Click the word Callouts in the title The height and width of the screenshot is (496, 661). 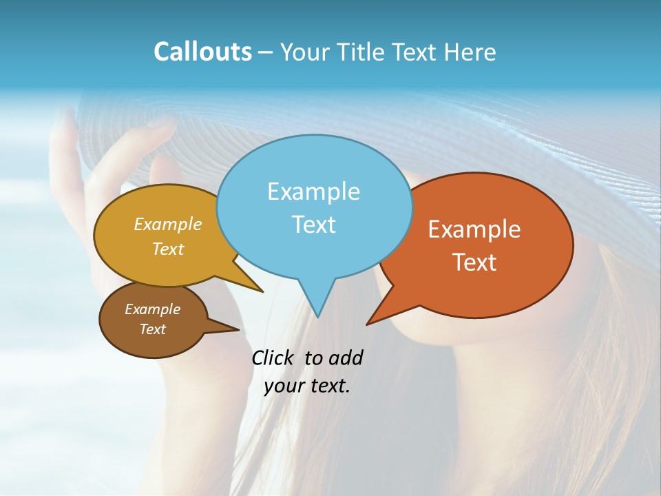pyautogui.click(x=202, y=52)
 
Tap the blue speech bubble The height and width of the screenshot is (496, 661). pyautogui.click(x=314, y=172)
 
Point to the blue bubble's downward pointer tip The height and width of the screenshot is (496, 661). pyautogui.click(x=317, y=317)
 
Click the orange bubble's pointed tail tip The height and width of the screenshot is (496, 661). pyautogui.click(x=367, y=324)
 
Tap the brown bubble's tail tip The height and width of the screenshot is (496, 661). pyautogui.click(x=238, y=329)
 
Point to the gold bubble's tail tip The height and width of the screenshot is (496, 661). pyautogui.click(x=262, y=291)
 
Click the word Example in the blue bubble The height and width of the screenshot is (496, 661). pyautogui.click(x=313, y=191)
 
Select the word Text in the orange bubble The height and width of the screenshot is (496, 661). pyautogui.click(x=474, y=262)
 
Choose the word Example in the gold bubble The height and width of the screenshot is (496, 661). pyautogui.click(x=168, y=224)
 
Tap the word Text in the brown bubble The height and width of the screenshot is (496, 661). pyautogui.click(x=152, y=329)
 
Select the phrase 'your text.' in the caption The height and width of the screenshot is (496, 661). pyautogui.click(x=307, y=386)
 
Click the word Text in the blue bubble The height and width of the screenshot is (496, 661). pyautogui.click(x=313, y=225)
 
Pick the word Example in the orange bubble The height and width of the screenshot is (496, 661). pyautogui.click(x=474, y=229)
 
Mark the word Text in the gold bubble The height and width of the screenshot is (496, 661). pyautogui.click(x=168, y=249)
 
